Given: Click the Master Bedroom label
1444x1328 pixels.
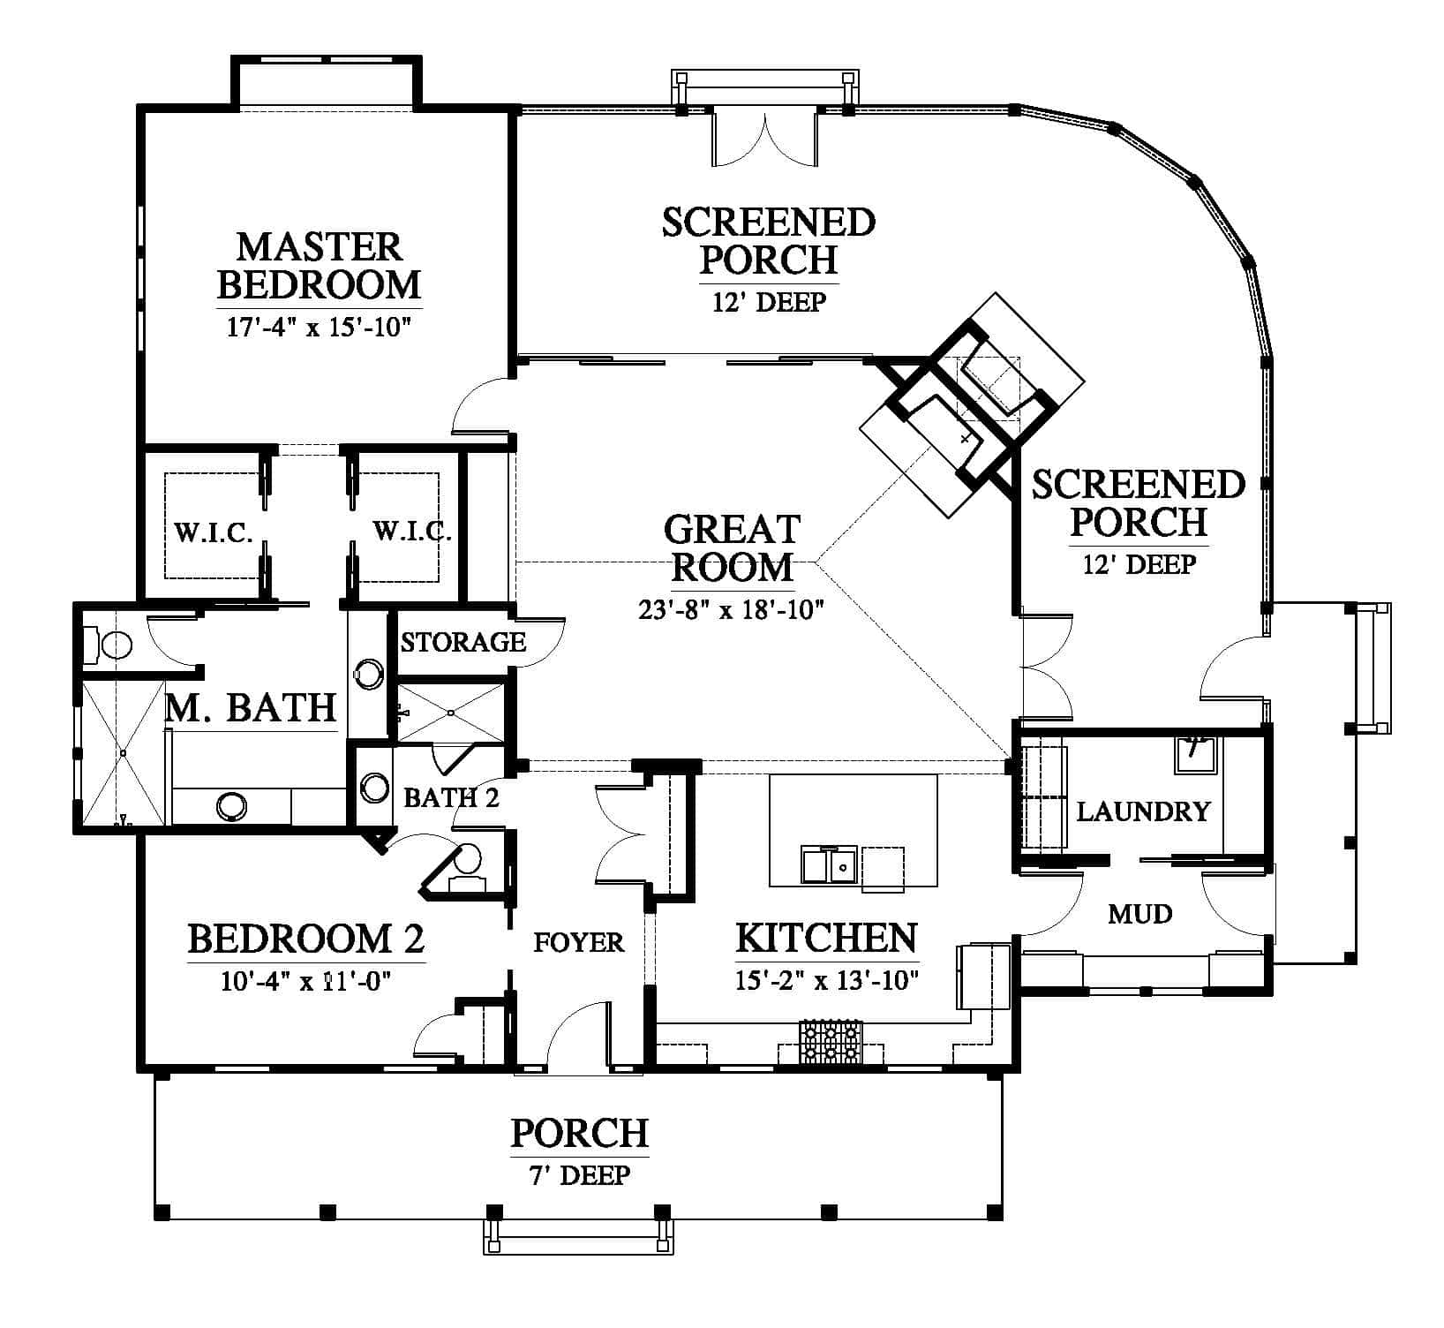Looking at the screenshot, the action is pyautogui.click(x=320, y=266).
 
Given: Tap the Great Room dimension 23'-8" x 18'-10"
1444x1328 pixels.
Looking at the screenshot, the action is pyautogui.click(x=731, y=610).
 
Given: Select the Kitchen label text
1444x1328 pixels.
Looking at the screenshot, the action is pyautogui.click(x=826, y=938).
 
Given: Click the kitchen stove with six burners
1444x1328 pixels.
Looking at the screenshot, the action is pyautogui.click(x=830, y=1042).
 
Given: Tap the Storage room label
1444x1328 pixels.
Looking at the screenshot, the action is pyautogui.click(x=463, y=642).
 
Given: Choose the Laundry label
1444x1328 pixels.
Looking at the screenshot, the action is pyautogui.click(x=1143, y=811).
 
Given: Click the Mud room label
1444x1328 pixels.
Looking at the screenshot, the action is pyautogui.click(x=1140, y=913).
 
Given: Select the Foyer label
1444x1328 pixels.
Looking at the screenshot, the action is pyautogui.click(x=579, y=942).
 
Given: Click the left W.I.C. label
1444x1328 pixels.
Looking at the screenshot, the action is pyautogui.click(x=214, y=533).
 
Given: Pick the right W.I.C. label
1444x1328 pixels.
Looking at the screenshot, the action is pyautogui.click(x=412, y=532).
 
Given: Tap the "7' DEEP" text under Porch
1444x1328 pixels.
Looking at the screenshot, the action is pyautogui.click(x=580, y=1175).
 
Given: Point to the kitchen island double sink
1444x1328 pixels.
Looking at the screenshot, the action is pyautogui.click(x=829, y=864).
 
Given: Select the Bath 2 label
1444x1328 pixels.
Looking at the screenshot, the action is pyautogui.click(x=451, y=797).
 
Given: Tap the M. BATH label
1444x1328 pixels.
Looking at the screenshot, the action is pyautogui.click(x=252, y=708).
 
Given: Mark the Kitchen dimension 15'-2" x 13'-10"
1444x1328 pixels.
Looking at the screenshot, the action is pyautogui.click(x=827, y=980).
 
